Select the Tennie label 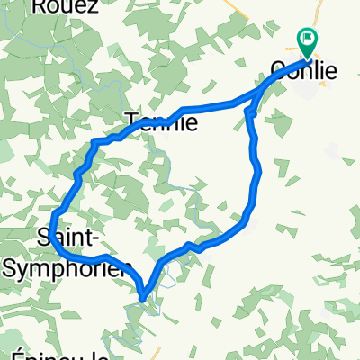pyautogui.click(x=158, y=121)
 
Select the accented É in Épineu pyautogui.click(x=19, y=354)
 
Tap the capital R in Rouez pyautogui.click(x=39, y=5)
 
